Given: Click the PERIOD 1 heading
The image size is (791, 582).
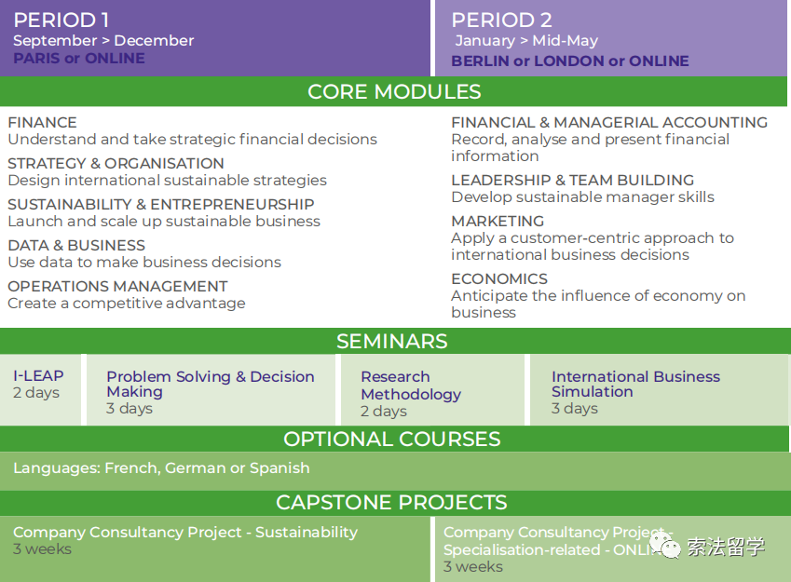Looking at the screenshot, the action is click(x=61, y=20).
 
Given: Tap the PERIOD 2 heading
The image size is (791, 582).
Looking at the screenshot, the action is click(x=501, y=20).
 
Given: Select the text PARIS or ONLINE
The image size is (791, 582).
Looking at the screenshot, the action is click(x=79, y=59).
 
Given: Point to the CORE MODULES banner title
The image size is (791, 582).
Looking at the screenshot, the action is click(x=394, y=92).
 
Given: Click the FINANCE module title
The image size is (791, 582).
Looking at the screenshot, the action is click(x=42, y=123).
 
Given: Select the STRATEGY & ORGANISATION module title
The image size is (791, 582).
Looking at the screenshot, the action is click(x=116, y=163).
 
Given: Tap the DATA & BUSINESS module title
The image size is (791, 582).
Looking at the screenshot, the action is click(x=76, y=245).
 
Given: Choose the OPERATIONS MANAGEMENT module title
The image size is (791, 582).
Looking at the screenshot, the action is click(x=118, y=286).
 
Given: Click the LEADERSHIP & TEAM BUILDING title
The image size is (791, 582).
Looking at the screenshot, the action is click(x=573, y=180).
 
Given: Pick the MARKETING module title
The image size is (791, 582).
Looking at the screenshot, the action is click(x=498, y=221).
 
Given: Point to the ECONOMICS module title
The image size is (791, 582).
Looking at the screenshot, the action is click(x=499, y=279).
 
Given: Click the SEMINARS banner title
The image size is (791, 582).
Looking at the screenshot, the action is click(x=392, y=342).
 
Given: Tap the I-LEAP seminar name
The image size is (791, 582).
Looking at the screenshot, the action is click(x=38, y=375).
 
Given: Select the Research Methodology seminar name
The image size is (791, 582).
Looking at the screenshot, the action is click(x=411, y=386).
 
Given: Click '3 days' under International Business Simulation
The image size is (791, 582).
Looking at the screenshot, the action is click(x=575, y=408).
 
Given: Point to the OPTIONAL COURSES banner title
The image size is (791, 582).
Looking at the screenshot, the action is click(x=392, y=440).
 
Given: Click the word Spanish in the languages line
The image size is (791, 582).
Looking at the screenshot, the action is click(x=280, y=468).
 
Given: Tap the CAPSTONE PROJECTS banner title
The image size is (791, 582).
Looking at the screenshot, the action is click(x=391, y=502).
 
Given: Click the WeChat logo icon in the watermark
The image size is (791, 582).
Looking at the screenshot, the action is click(x=665, y=546).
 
